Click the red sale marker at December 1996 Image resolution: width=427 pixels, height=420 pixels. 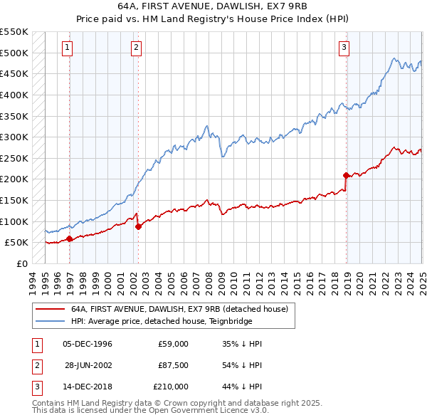click(x=69, y=239)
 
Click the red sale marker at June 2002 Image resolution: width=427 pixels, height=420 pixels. click(x=138, y=226)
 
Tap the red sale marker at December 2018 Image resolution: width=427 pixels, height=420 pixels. click(x=346, y=174)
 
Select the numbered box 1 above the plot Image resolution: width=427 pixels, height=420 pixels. click(x=67, y=48)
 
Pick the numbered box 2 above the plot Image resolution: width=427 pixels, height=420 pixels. click(x=135, y=48)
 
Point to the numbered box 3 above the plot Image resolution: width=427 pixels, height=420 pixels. click(x=344, y=48)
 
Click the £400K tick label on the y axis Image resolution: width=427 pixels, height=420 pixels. click(x=14, y=95)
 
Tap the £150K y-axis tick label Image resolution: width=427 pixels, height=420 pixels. click(x=14, y=200)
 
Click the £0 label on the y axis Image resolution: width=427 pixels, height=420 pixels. click(x=21, y=263)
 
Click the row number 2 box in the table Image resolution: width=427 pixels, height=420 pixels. click(x=36, y=365)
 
